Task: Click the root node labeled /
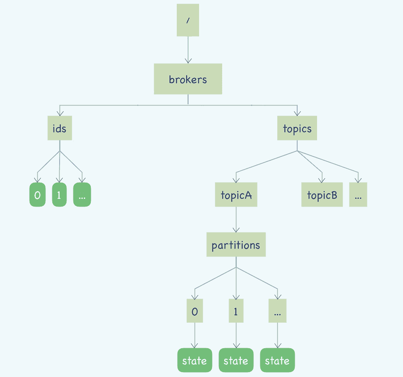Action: (188, 20)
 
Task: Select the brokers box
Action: (188, 79)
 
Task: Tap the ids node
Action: (60, 128)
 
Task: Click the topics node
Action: (297, 128)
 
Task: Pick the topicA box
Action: (236, 195)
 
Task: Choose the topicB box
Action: (322, 195)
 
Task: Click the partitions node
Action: (236, 245)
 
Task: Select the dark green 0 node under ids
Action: (37, 195)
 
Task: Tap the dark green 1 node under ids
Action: (59, 195)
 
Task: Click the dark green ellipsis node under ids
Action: (82, 195)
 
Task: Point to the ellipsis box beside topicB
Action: (358, 195)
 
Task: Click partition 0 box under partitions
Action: (195, 311)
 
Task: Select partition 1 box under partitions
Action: (236, 311)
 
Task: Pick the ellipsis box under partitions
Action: (277, 311)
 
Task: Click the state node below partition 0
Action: (195, 360)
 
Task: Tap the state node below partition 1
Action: (236, 360)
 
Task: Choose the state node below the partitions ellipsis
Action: (277, 360)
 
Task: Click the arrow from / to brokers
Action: (188, 50)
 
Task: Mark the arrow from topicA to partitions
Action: (236, 220)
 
